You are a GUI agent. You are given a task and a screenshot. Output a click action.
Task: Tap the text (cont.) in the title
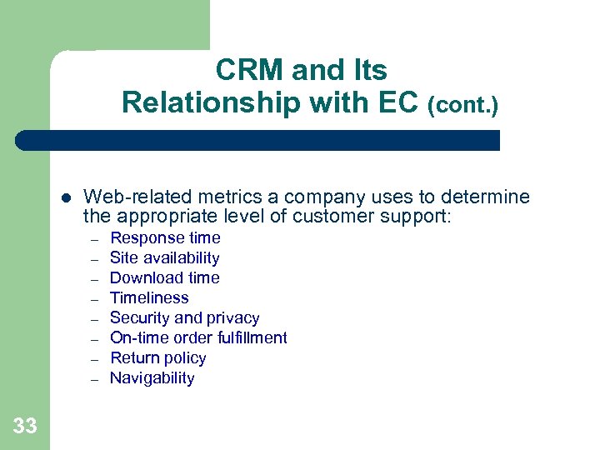[x=462, y=106]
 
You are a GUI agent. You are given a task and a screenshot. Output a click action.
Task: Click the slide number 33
[x=25, y=427]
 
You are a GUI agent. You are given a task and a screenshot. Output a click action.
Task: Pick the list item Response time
[x=165, y=238]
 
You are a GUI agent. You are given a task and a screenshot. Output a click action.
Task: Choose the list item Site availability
[x=164, y=258]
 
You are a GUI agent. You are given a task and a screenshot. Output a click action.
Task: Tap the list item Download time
[x=164, y=278]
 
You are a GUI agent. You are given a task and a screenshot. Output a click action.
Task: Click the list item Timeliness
[x=149, y=298]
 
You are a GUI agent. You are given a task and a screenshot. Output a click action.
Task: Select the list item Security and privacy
[x=184, y=318]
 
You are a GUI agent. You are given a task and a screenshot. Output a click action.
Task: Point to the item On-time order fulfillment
[x=198, y=338]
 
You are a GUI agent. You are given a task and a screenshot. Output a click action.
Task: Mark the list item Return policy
[x=157, y=358]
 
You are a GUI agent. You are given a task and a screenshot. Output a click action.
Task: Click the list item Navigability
[x=152, y=378]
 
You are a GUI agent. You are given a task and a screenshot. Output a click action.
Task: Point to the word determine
[x=484, y=197]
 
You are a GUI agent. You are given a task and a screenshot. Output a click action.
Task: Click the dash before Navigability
[x=96, y=379]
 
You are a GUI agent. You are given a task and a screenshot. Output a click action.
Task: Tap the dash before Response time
[x=96, y=239]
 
